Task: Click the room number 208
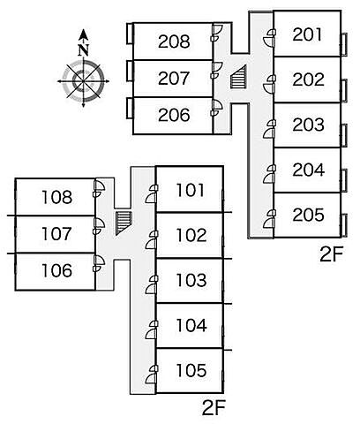tap(174, 42)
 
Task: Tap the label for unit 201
tap(307, 34)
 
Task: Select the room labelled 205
tap(308, 215)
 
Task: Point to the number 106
tap(56, 270)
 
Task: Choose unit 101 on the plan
tap(190, 190)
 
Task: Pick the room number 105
tap(191, 370)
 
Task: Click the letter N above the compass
tap(84, 49)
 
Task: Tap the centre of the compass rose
tap(84, 81)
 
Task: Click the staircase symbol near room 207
tap(238, 77)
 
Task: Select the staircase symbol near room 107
tap(124, 223)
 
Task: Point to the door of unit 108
tap(99, 185)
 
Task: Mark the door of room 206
tap(217, 105)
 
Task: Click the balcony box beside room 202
tap(344, 90)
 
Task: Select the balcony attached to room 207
tap(130, 71)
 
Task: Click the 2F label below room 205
tap(332, 255)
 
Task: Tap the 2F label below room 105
tap(214, 408)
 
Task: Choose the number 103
tap(191, 280)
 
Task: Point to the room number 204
tap(309, 170)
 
